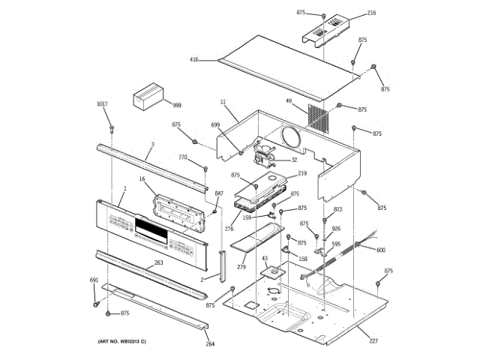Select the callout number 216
[x=371, y=13]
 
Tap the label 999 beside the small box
[x=177, y=106]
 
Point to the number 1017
[x=102, y=103]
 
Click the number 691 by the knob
[x=94, y=280]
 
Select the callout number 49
[x=288, y=100]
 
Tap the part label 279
[x=241, y=267]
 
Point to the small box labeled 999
[x=149, y=97]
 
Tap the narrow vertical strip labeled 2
[x=222, y=265]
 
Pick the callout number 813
[x=337, y=210]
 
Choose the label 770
[x=182, y=157]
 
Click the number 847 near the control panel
[x=219, y=194]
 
